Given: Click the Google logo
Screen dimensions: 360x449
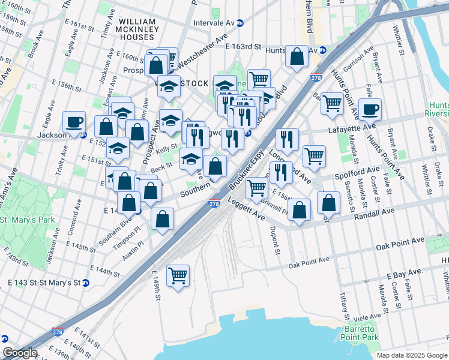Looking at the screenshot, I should [19, 353].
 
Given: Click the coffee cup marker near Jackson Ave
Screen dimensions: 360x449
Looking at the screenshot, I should [74, 122].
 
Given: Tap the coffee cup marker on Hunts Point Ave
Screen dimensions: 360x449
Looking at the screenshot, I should [370, 109].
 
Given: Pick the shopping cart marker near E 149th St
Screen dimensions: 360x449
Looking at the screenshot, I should [178, 275].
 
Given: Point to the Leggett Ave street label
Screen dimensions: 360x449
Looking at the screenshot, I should [246, 209].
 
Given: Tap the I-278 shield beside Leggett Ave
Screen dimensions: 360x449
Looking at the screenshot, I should [214, 205].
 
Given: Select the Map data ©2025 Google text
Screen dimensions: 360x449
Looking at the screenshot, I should [411, 355].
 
